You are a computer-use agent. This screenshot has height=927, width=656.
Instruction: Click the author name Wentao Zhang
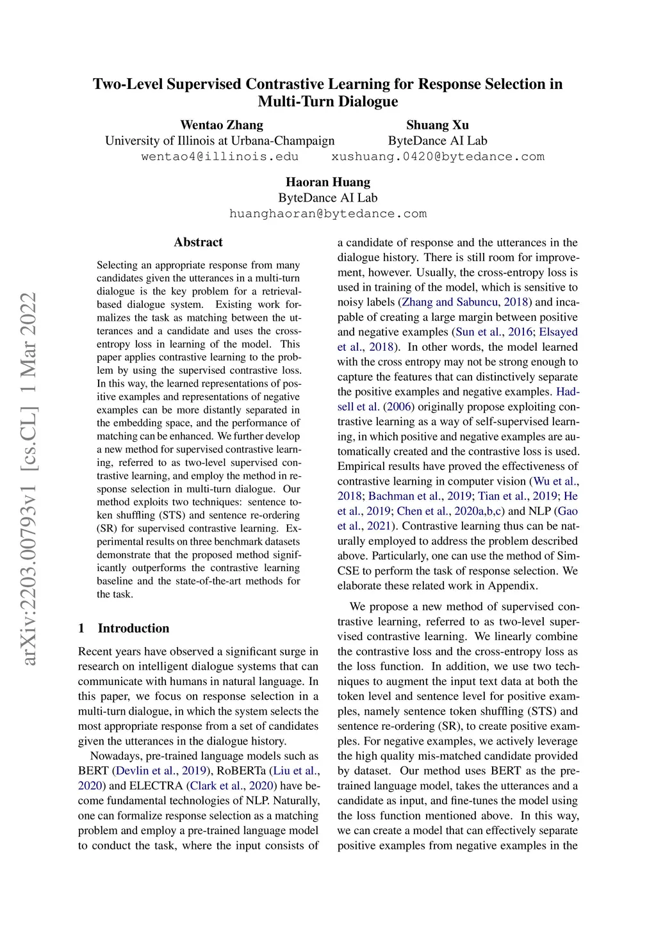(x=222, y=125)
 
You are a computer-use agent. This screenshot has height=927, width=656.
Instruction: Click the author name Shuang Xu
(x=438, y=125)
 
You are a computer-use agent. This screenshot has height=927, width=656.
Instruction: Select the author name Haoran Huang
(x=328, y=182)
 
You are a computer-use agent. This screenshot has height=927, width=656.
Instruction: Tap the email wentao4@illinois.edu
(x=220, y=157)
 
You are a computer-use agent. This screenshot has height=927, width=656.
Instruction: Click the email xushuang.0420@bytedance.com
(x=438, y=157)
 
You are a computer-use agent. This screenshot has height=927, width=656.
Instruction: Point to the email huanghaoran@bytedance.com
(x=328, y=214)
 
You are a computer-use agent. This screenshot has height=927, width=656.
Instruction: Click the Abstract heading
(x=198, y=242)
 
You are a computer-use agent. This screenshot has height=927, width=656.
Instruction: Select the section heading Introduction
(x=133, y=628)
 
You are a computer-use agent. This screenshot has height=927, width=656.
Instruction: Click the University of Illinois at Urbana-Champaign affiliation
(x=220, y=141)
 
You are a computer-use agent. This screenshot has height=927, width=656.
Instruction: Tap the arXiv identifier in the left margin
(x=29, y=478)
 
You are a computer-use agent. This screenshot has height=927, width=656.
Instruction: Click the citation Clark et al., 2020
(x=232, y=786)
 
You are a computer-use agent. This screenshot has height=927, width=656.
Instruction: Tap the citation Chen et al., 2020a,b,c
(x=450, y=511)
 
